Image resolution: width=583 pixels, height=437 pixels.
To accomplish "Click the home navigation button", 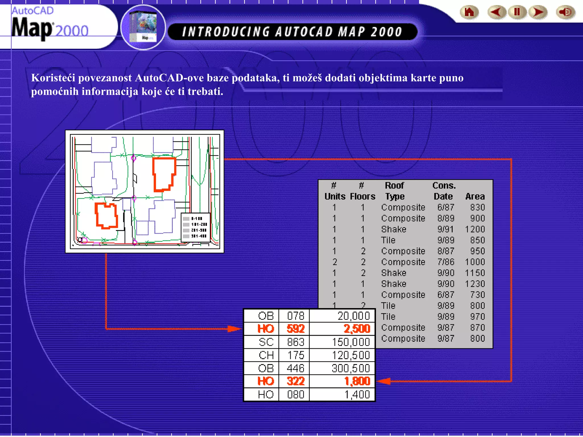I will [469, 13].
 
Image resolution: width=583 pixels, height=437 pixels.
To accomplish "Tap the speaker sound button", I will [565, 13].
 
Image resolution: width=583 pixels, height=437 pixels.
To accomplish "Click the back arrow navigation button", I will [496, 13].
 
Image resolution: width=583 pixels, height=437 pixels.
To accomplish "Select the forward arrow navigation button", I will [538, 13].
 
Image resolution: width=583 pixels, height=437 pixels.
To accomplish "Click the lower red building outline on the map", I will [106, 216].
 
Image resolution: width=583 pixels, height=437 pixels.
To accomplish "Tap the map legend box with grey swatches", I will [196, 227].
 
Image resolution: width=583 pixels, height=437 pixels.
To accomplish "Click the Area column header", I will [475, 196].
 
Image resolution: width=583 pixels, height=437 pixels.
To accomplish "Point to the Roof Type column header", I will [395, 191].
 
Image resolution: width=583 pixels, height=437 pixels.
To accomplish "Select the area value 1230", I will [475, 284].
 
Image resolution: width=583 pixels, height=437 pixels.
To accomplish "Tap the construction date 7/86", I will [446, 262].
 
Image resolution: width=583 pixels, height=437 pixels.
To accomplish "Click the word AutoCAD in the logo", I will [32, 11].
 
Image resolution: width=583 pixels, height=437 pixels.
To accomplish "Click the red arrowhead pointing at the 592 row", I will [235, 329].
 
